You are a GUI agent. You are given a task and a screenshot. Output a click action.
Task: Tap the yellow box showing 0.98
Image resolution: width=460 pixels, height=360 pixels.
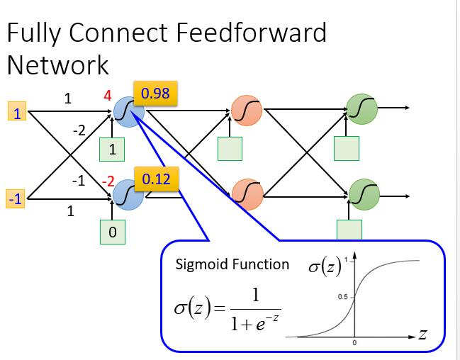[155, 92]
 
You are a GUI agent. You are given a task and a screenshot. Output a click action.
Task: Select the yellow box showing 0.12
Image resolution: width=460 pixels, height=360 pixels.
[156, 179]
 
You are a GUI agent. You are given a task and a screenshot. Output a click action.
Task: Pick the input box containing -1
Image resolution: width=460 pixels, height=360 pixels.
[15, 199]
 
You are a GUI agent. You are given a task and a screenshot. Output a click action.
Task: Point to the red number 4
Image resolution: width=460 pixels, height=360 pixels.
[108, 95]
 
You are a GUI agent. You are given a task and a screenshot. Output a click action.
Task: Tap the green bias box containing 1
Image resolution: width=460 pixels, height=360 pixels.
[112, 150]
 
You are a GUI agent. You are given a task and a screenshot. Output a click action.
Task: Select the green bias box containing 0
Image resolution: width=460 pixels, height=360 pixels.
[112, 232]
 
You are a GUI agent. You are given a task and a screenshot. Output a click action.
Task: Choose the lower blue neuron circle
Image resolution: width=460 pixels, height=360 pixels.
[128, 193]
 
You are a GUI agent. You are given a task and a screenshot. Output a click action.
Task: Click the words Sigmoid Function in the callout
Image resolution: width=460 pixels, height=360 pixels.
[232, 265]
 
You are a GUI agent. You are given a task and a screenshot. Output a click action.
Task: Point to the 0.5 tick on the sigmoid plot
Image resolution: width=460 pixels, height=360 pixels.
[342, 298]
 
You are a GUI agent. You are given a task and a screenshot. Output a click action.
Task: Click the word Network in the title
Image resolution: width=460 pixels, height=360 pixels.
[58, 65]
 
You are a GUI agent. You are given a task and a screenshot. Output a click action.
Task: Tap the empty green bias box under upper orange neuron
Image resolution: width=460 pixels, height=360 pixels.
[229, 149]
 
